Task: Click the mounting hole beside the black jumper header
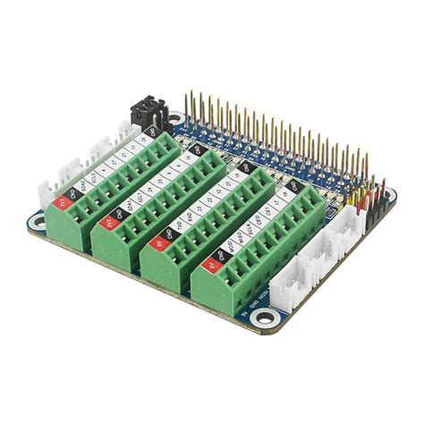(x=175, y=118)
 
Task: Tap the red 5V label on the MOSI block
(x=211, y=264)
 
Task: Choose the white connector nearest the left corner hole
(x=47, y=191)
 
